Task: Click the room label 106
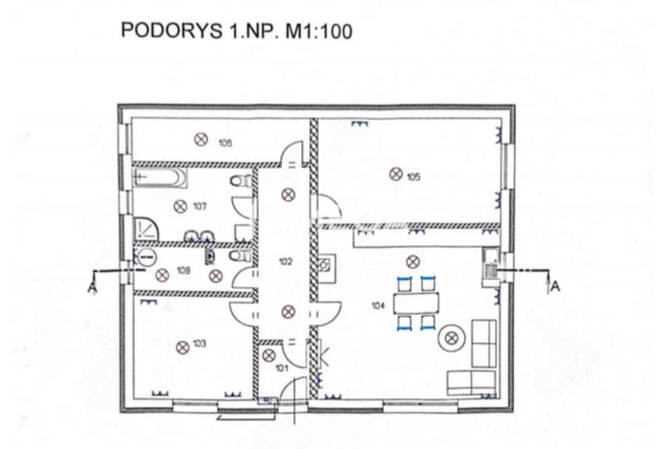pos(225,143)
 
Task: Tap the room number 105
pos(414,176)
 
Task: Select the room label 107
pos(200,206)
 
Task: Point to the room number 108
pos(183,271)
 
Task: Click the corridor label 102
pos(286,262)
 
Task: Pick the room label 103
pos(200,343)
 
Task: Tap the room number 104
pos(378,305)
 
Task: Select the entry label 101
pos(282,368)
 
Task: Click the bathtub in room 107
pos(160,177)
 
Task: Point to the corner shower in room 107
pos(146,229)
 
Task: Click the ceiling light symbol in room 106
pos(201,139)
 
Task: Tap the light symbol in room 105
pos(396,174)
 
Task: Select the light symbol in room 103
pos(182,348)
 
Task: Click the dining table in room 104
pos(416,303)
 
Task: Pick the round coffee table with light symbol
pos(452,338)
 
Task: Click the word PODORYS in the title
pos(172,31)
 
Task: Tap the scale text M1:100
pos(319,31)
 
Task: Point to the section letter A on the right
pos(555,287)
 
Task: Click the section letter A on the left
pos(92,288)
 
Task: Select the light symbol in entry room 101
pos(269,355)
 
